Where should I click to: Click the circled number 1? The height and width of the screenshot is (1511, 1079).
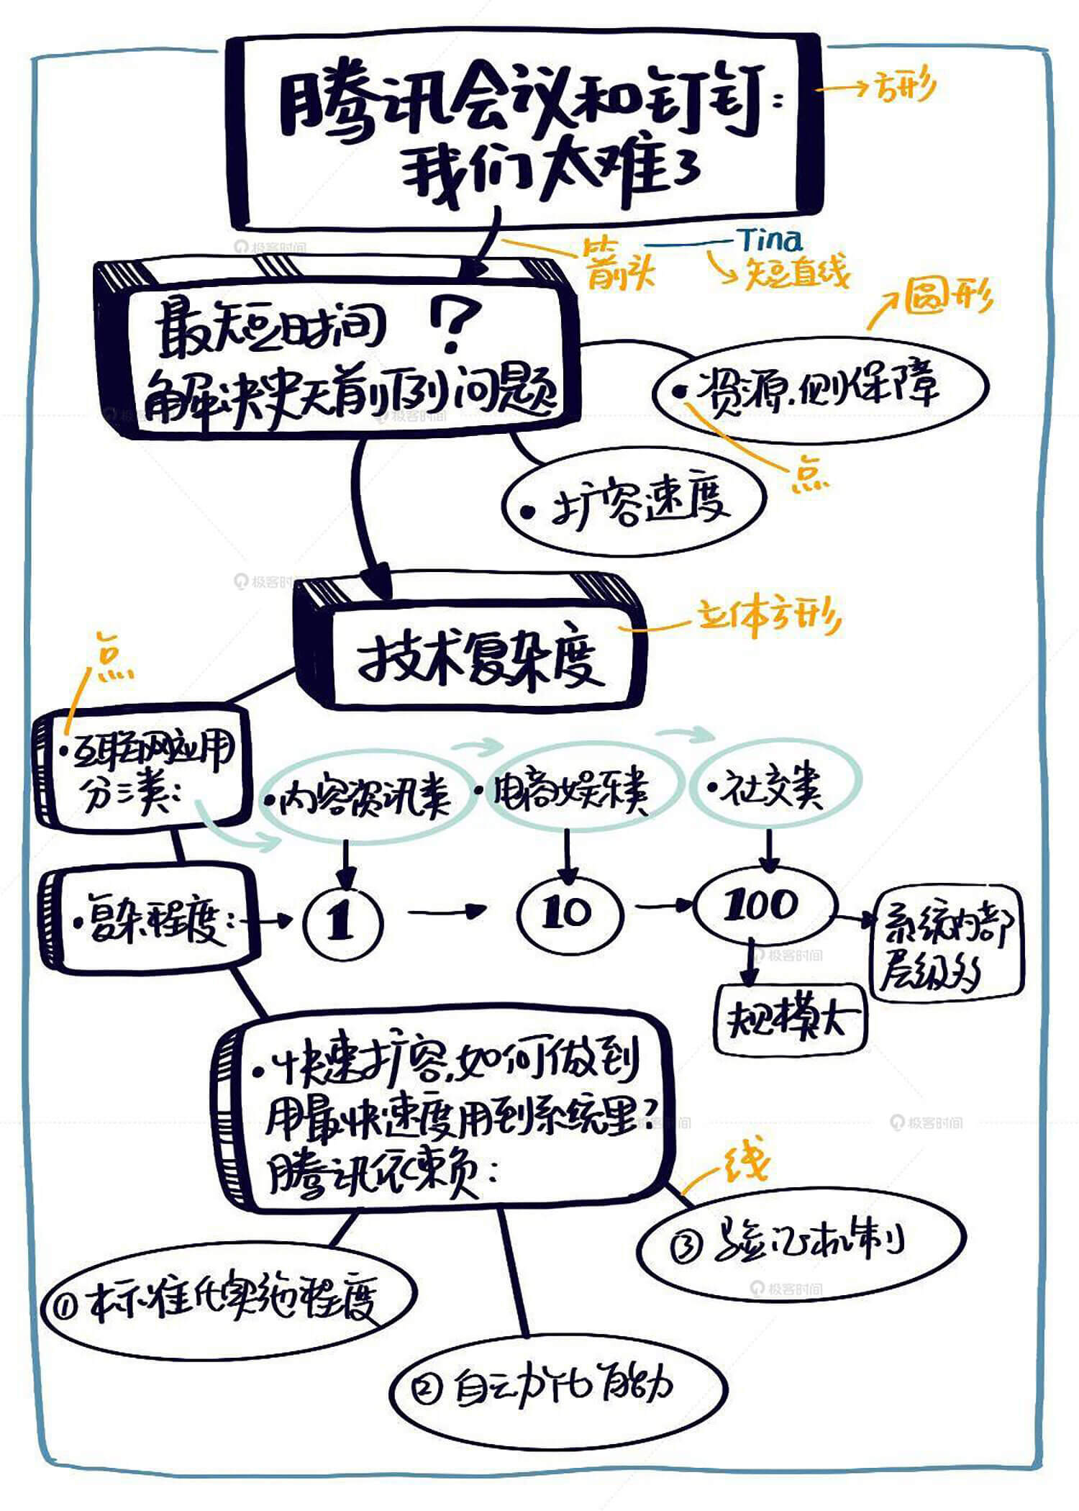tap(342, 922)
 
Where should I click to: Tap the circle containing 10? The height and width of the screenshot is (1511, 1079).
tap(568, 912)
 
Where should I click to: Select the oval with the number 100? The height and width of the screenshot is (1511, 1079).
tap(765, 904)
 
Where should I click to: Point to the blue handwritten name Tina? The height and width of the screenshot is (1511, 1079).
tap(770, 240)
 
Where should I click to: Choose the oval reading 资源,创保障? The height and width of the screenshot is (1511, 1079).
tap(820, 388)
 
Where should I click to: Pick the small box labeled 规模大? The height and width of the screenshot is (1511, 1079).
tap(791, 1018)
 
